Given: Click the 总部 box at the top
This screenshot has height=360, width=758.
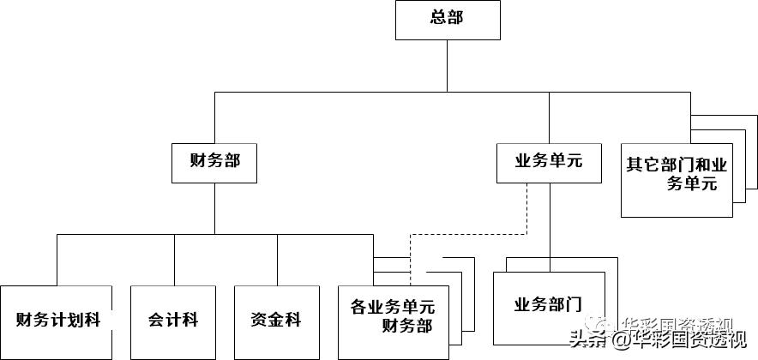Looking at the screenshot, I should click(x=447, y=20).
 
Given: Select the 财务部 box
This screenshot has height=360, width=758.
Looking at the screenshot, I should click(x=214, y=162).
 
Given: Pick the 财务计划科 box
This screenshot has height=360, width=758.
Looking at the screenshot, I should click(x=57, y=321).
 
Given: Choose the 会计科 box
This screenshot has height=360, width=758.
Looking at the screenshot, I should click(x=173, y=321).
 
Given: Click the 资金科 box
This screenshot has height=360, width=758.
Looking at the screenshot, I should click(x=277, y=321).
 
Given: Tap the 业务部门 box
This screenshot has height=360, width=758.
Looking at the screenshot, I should click(x=548, y=307).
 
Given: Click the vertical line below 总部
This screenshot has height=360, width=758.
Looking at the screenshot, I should click(x=447, y=64).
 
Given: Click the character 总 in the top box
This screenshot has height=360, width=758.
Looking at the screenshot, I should click(x=437, y=18).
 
